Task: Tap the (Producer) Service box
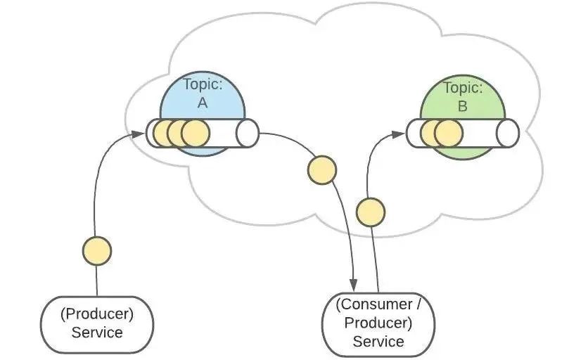pos(97,323)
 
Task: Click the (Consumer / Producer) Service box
pos(378,323)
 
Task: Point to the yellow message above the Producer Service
pos(96,250)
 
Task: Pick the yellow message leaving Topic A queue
pos(322,171)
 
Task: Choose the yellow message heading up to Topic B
pos(371,212)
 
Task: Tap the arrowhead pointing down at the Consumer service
pos(354,285)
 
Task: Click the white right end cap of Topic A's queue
pos(248,133)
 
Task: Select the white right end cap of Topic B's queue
pos(507,133)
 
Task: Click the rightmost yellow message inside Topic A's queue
pos(196,132)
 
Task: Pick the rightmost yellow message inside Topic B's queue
pos(447,132)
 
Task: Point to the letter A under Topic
pos(203,103)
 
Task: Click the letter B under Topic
pos(462,106)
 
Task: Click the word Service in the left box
pos(97,332)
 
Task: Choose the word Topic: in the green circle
pos(462,89)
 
